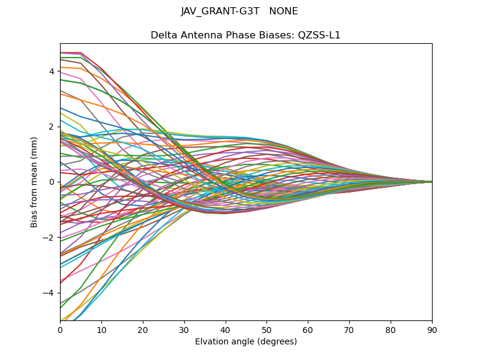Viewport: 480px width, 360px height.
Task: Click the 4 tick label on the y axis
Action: tap(52, 71)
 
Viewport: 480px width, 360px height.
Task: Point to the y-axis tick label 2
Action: tap(52, 127)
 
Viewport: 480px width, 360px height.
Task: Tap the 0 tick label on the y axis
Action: tap(52, 182)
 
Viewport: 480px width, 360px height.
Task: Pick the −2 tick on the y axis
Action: tap(49, 238)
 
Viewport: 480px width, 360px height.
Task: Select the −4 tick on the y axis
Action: tap(49, 293)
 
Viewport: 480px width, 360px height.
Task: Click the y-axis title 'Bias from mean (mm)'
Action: tap(35, 182)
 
